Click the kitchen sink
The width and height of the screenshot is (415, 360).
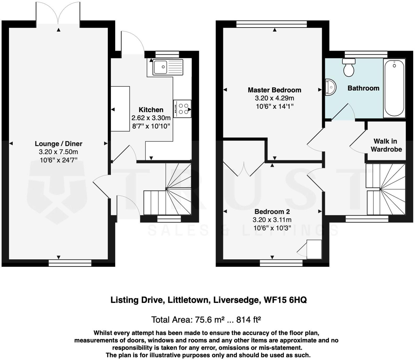click(x=168, y=67)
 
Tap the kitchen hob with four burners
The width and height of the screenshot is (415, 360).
click(x=182, y=109)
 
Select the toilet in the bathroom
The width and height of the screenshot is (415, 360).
click(x=349, y=67)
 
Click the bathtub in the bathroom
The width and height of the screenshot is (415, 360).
click(x=394, y=88)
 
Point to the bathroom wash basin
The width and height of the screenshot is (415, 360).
click(x=330, y=87)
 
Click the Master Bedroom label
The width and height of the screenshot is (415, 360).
click(x=274, y=90)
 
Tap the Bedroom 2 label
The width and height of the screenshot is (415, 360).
click(x=272, y=211)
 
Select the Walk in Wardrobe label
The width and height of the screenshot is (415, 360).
click(x=386, y=145)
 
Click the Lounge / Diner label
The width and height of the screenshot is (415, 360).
click(x=59, y=144)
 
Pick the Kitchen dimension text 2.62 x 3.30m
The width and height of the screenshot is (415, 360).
click(x=151, y=118)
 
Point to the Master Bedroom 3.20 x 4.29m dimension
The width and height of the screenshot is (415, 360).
click(x=274, y=98)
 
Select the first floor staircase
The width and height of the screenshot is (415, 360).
click(x=386, y=189)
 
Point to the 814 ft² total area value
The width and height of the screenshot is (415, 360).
click(x=249, y=319)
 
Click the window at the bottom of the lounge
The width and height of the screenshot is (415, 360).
click(x=70, y=263)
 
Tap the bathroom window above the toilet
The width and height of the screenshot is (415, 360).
click(x=366, y=54)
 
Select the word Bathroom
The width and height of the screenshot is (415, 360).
click(x=363, y=88)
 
